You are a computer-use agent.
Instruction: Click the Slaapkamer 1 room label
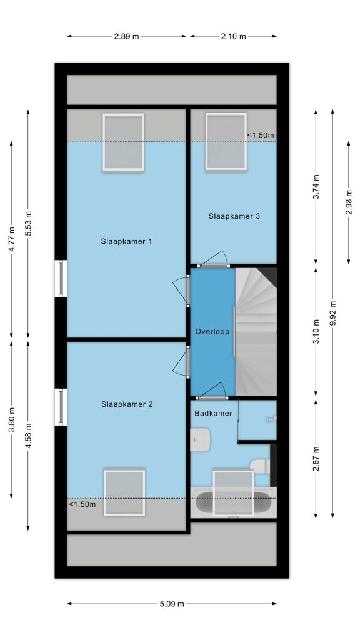pos(126,241)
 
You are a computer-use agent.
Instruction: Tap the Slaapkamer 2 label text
pos(127,404)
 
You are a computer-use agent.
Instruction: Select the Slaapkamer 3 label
pos(234,216)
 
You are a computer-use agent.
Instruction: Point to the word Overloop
pos(212,331)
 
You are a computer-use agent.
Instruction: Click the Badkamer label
pos(213,414)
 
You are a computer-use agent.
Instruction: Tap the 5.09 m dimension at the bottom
pos(172,604)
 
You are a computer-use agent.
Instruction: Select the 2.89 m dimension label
pos(126,36)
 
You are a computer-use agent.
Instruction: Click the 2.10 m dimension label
pos(234,36)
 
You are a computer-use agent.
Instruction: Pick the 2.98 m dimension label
pos(349,202)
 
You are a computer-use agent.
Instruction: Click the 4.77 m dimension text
pos(11,240)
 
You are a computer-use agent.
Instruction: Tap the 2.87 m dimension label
pos(316,459)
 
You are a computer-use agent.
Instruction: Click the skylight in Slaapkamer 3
pos(226,141)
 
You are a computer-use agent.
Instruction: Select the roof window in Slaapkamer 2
pos(124,492)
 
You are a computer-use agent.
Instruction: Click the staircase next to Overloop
pos(256,331)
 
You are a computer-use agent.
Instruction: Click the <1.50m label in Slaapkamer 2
pos(82,504)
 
